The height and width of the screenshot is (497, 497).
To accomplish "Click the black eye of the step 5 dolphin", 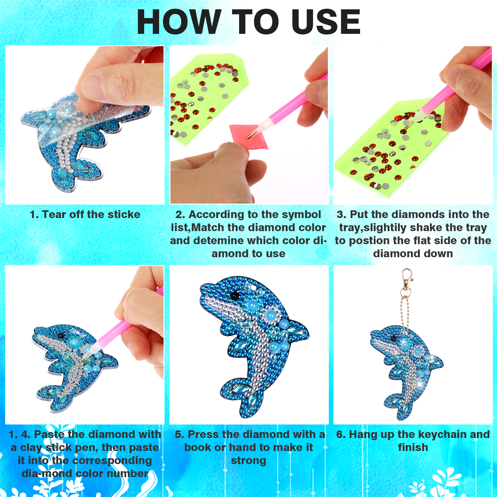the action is [235, 294].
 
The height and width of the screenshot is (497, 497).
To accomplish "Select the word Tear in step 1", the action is [54, 214].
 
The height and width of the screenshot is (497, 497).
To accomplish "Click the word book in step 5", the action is [198, 447].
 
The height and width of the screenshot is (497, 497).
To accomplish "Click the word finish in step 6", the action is [413, 447].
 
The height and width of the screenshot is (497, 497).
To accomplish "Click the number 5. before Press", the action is [180, 435].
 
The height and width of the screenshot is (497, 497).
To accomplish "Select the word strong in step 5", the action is [248, 461].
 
